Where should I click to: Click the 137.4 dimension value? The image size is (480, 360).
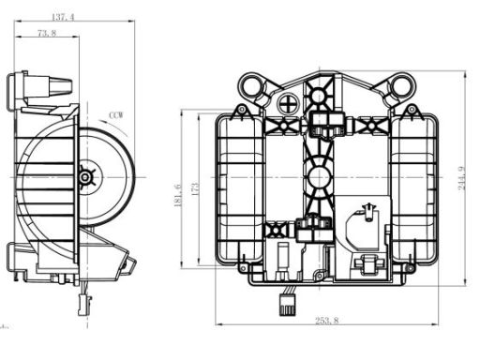pos(63,17)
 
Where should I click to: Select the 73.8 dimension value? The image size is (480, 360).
pos(47,33)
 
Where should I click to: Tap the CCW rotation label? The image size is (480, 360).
pos(116,115)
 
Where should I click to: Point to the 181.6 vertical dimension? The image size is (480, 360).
pos(177,195)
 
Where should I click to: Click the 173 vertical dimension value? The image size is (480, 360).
pos(194,189)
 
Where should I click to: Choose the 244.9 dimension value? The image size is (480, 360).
pos(461,178)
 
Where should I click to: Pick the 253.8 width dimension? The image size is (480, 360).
pos(326,321)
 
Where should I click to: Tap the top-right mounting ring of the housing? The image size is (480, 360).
pos(401,84)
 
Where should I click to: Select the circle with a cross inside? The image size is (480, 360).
pos(288,104)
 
